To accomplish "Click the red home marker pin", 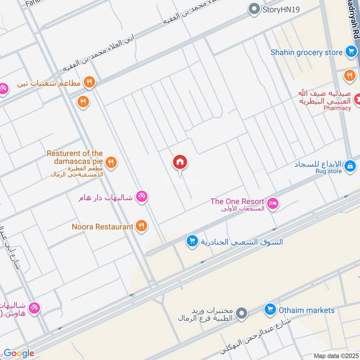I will [x=180, y=162].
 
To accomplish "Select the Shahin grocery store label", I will [x=306, y=52].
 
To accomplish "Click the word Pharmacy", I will [x=337, y=108].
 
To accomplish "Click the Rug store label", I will [x=328, y=171].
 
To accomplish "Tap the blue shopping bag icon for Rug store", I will [x=349, y=167].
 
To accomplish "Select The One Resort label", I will [x=237, y=201].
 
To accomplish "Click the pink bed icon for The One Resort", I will [x=273, y=204].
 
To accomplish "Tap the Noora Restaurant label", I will [x=103, y=227].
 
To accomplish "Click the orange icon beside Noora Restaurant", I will [x=141, y=226].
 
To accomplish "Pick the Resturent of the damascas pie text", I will [x=75, y=157].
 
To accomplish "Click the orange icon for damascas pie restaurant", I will [x=111, y=162].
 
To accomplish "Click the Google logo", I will [x=19, y=353].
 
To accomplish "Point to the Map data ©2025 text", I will [x=335, y=355].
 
